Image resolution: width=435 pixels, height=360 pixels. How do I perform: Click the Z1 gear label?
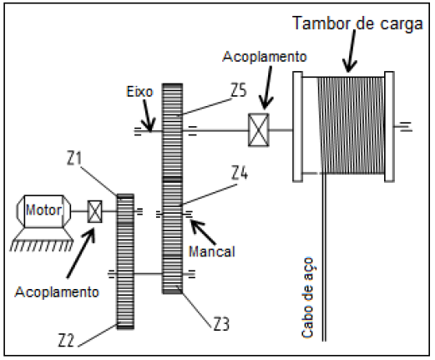coord(74,159)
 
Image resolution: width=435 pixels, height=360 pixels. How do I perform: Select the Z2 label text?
coord(66,340)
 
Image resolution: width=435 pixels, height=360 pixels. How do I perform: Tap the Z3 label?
coord(221,324)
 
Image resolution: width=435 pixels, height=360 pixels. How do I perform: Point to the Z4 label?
coord(240,174)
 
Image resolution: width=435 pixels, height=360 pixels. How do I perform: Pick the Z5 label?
coord(239,90)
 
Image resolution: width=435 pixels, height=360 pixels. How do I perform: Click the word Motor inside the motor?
coord(43,210)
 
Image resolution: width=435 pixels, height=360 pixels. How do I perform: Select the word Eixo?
coord(139,92)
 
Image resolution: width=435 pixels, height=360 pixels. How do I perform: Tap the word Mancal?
coord(212,251)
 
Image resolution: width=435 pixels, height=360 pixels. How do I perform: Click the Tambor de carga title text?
coord(357,23)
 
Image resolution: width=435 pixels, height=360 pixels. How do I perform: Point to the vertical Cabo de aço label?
coord(308,297)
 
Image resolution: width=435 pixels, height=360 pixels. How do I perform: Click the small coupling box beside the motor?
coord(95,211)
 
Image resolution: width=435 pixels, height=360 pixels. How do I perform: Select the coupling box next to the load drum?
coord(259,129)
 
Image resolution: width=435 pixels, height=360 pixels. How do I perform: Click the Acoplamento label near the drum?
coord(265,57)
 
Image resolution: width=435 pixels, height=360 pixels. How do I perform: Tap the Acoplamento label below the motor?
coord(57,292)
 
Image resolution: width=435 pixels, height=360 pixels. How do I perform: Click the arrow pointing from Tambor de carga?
coord(352,51)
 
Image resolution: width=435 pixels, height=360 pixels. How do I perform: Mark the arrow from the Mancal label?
coord(203,232)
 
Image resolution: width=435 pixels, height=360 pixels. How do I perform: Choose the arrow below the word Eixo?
coord(148,115)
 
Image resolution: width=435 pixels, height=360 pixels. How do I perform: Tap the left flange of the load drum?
coord(297,127)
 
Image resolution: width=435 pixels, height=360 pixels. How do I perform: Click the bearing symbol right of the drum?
coord(403,126)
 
